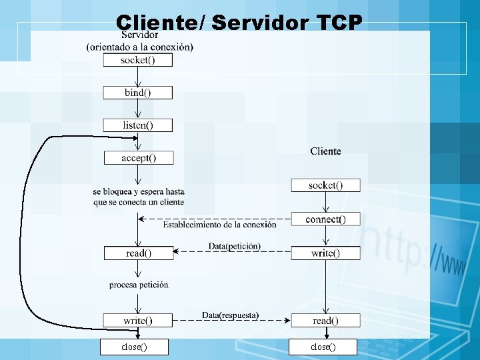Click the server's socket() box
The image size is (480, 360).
[x=137, y=60]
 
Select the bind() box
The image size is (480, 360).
[x=137, y=93]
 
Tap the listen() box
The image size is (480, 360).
[x=137, y=125]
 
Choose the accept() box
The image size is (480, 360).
[x=138, y=158]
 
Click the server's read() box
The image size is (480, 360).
[x=138, y=253]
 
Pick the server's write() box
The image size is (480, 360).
[x=138, y=321]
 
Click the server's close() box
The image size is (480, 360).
[x=134, y=347]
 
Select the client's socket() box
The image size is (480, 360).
[x=325, y=185]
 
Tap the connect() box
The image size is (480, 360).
[x=325, y=219]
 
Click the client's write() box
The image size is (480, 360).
[x=325, y=253]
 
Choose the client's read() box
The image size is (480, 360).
[x=325, y=321]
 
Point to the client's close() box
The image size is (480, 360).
[x=323, y=347]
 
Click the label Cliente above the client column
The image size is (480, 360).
[x=325, y=151]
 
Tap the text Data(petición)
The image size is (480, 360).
[x=234, y=246]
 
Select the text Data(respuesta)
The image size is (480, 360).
[x=230, y=315]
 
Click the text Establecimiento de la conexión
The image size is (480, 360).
[x=219, y=225]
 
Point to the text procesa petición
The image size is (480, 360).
[x=139, y=285]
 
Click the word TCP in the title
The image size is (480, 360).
[x=337, y=23]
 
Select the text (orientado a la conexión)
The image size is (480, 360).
[x=140, y=47]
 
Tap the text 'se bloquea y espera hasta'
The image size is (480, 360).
[x=139, y=192]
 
